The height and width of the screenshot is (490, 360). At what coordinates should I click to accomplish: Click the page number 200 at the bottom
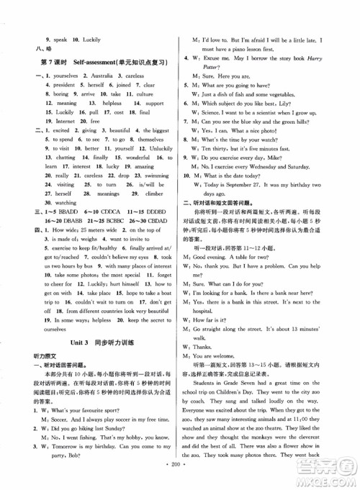(180, 477)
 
